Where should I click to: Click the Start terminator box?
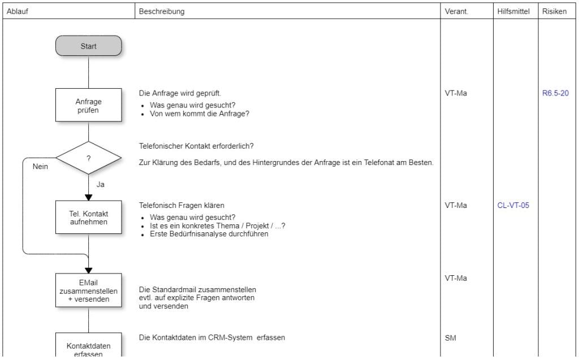tap(89, 46)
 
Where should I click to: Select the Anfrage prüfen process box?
tap(89, 105)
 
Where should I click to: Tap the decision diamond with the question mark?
tap(89, 158)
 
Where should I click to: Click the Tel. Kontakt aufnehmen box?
tap(89, 218)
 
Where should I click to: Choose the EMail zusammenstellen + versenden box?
tap(89, 290)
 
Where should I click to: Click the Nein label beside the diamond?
tap(40, 167)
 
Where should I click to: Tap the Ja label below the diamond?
tap(100, 184)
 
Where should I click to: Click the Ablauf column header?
tap(17, 11)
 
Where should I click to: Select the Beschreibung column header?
tap(162, 11)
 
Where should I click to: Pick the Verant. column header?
tap(456, 11)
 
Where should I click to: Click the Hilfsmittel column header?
tap(513, 11)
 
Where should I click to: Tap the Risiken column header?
tap(554, 11)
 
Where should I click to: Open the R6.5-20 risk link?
tap(555, 93)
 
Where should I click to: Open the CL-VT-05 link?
tap(513, 205)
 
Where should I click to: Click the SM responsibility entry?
tap(451, 338)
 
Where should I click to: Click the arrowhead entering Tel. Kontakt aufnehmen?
tap(89, 197)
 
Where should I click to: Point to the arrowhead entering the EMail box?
tap(89, 270)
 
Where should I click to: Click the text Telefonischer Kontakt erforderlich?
tap(196, 146)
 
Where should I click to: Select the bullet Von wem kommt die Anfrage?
tap(200, 113)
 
